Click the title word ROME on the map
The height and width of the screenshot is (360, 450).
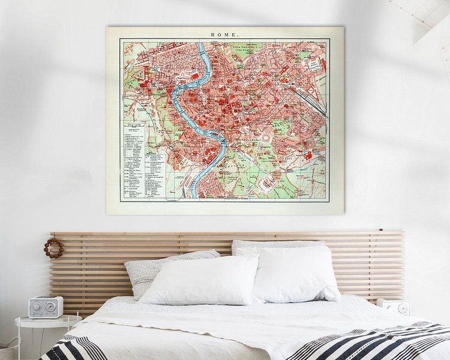(224, 34)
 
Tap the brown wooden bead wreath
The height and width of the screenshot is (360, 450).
(53, 248)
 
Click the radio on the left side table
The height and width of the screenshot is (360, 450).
(46, 307)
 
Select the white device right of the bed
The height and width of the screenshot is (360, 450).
(393, 307)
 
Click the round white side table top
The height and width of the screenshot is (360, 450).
(48, 320)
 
